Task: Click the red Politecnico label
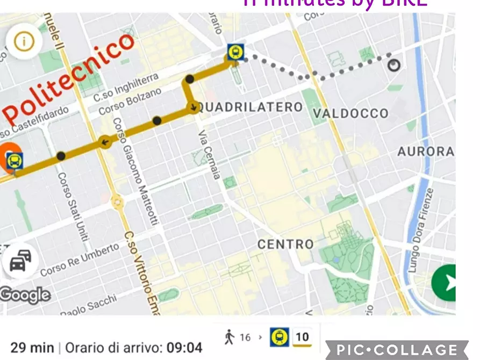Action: click(69, 78)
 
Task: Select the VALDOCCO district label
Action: click(350, 113)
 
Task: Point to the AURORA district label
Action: click(426, 152)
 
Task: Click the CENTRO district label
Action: click(285, 244)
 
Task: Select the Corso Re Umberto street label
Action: click(80, 259)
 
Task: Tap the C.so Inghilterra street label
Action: click(126, 87)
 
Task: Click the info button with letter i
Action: click(24, 41)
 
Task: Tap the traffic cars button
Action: click(20, 262)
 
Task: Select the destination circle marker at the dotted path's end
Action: click(395, 65)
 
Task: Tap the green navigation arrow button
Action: click(445, 283)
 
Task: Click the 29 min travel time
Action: click(32, 347)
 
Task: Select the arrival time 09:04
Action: click(184, 347)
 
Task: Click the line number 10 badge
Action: click(303, 337)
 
